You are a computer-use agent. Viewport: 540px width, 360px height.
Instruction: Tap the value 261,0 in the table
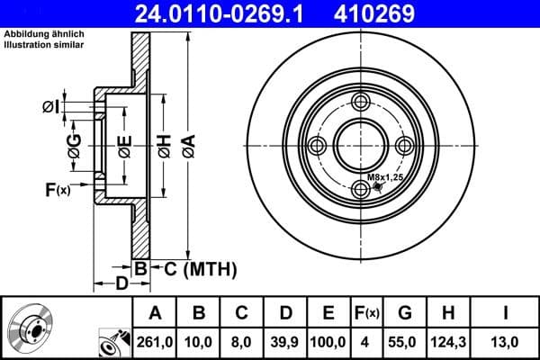point(155,342)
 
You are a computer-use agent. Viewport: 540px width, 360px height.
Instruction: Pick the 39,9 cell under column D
point(285,342)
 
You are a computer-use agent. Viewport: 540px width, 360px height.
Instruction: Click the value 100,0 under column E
point(328,342)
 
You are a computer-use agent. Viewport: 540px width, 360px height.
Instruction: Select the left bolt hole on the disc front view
point(316,147)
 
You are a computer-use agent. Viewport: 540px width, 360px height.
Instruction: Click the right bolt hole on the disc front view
point(406,147)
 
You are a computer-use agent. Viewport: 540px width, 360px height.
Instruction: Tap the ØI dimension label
point(52,107)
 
